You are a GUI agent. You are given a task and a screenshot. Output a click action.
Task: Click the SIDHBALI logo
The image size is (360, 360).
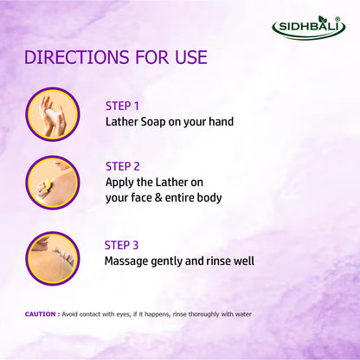(x=309, y=26)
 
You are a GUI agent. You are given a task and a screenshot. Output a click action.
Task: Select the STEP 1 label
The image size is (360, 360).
(x=122, y=106)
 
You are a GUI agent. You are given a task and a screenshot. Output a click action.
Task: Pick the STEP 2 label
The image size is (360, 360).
(x=123, y=165)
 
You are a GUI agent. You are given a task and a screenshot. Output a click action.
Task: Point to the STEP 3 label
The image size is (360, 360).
(x=122, y=244)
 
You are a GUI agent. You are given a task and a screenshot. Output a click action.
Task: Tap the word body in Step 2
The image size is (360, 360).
(x=209, y=197)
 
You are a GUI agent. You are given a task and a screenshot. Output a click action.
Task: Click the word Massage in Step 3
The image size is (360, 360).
(x=131, y=260)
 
